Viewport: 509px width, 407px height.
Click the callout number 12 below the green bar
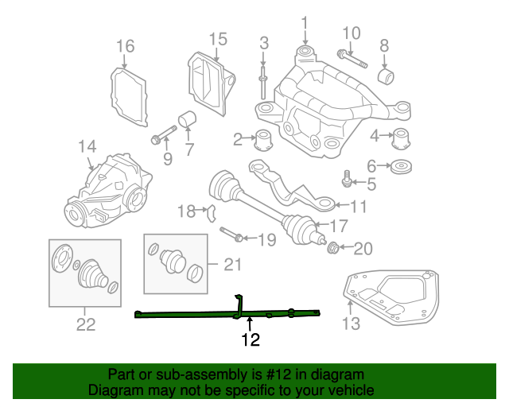point(251,341)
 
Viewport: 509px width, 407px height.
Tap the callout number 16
point(126,46)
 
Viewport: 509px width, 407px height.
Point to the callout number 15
point(218,39)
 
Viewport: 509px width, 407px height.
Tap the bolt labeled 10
point(352,60)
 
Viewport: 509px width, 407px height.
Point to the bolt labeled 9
point(162,136)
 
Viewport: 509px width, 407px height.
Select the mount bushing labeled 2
point(263,140)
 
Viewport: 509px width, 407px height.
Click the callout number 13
point(351,323)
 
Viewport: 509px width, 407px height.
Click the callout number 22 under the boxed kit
point(85,324)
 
